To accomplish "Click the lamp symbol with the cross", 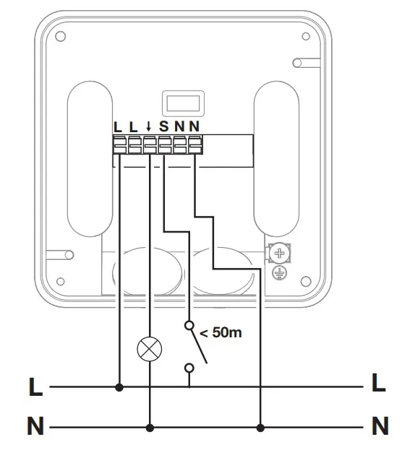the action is [150, 349].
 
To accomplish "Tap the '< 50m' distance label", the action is [221, 332].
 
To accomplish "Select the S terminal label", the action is [164, 126].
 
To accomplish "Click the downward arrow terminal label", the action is [148, 126].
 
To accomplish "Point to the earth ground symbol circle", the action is [280, 272].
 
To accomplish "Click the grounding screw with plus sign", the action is [280, 253].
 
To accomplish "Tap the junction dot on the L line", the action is [119, 387].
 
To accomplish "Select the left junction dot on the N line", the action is [150, 428].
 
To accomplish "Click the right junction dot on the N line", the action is [260, 428].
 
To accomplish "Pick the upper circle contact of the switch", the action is [189, 326].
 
